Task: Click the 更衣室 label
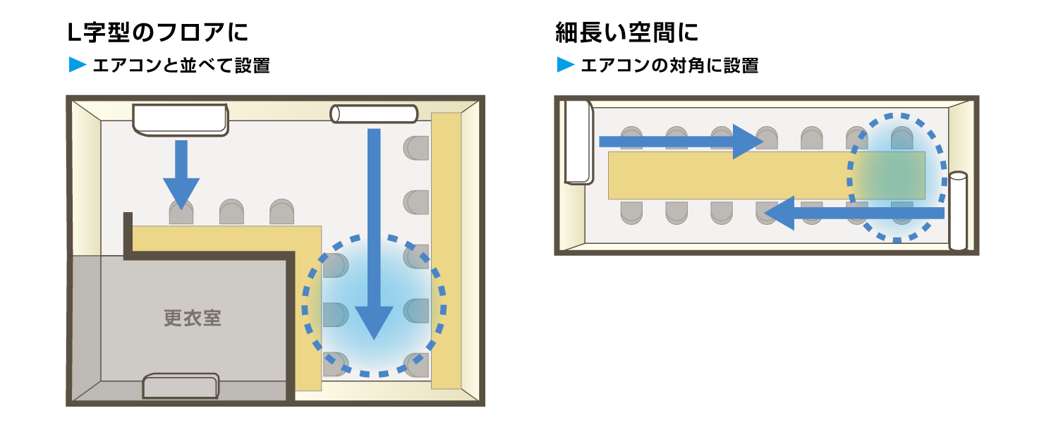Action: point(193,318)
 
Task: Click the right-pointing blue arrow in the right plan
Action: point(677,142)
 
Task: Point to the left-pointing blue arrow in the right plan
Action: point(854,213)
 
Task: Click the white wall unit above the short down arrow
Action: point(181,118)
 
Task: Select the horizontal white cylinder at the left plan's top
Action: point(374,113)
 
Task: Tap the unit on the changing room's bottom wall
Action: point(181,386)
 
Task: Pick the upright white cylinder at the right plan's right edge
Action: point(958,211)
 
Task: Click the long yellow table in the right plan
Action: point(727,175)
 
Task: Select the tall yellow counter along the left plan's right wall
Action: point(446,250)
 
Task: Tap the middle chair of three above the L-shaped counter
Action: point(231,212)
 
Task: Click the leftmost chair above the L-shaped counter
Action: point(181,213)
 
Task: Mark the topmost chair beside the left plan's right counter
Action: point(417,148)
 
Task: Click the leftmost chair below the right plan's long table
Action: point(631,212)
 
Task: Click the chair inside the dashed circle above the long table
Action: point(902,138)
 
